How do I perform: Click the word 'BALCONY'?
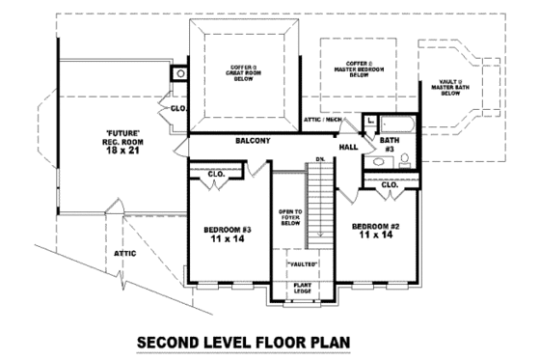(253, 141)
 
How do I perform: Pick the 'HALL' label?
(348, 146)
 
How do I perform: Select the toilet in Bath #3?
(405, 160)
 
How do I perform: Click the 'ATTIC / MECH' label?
(321, 119)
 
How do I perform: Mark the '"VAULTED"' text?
(302, 263)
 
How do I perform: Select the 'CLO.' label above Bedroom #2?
(390, 184)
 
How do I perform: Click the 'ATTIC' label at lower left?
(124, 253)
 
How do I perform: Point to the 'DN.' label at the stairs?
(319, 160)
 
